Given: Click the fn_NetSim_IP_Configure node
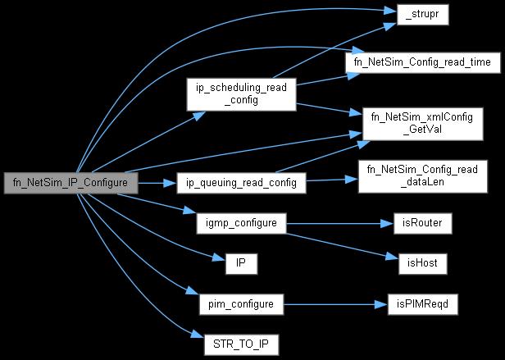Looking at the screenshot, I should pos(69,182).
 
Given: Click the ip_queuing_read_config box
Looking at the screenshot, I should pos(241,182).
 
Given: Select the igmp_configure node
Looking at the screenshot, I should pos(241,222).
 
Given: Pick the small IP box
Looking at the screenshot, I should pos(241,262).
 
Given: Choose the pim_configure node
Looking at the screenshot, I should pos(241,303).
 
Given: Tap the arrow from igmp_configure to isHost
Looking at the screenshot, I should pos(336,243).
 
